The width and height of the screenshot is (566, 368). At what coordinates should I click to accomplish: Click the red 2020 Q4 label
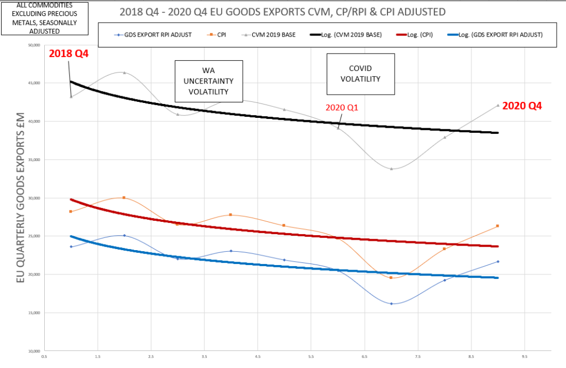(522, 105)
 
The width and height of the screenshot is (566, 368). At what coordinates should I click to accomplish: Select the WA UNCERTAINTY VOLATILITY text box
(209, 81)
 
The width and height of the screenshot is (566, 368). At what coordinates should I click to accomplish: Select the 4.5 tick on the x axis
(258, 357)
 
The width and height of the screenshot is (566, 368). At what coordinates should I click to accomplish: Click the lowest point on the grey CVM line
(391, 169)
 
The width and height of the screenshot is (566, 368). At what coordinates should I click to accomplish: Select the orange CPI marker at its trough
(391, 277)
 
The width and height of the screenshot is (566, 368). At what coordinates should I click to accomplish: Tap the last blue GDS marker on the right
(498, 261)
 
